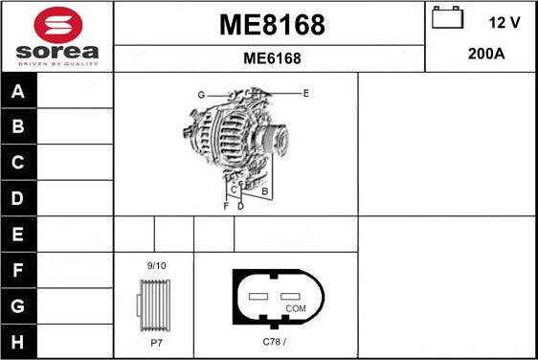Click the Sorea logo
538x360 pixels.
[x=56, y=36]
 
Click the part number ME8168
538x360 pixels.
[x=272, y=25]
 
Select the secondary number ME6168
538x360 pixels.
[x=272, y=58]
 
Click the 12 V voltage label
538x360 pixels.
[x=504, y=20]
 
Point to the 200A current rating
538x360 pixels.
[x=486, y=54]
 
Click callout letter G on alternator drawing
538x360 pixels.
[x=201, y=94]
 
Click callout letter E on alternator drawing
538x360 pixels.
[x=305, y=93]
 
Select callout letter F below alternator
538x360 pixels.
[x=226, y=206]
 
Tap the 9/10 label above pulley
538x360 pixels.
[x=156, y=265]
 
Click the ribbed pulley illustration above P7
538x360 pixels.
[x=155, y=304]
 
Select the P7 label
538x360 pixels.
[x=156, y=342]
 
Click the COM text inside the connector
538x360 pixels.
[x=296, y=308]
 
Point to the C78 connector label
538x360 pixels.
[x=274, y=342]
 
